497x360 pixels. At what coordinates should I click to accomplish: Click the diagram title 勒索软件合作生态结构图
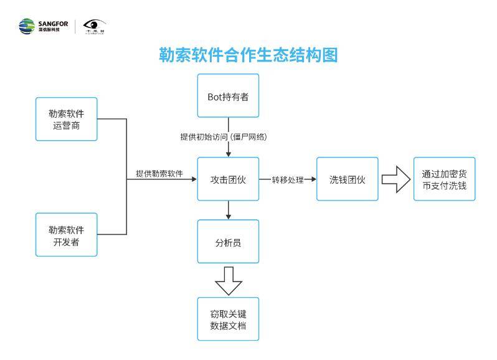point(248,56)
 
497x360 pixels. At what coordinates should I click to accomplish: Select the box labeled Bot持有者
point(228,96)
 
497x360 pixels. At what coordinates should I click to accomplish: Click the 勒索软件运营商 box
point(67,119)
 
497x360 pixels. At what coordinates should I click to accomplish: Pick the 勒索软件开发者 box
point(67,234)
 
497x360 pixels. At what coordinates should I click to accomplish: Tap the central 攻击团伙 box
point(228,179)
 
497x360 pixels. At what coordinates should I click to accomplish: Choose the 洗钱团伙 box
point(347,179)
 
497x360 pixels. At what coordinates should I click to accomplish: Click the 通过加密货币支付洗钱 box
point(444,179)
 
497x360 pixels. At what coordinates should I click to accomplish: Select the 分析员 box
point(228,241)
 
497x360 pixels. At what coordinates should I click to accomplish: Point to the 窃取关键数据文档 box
point(228,320)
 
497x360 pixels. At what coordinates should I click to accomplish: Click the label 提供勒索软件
point(159,174)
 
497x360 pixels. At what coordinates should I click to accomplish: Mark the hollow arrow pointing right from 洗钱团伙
point(394,179)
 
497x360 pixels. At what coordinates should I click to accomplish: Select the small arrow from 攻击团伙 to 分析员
point(228,211)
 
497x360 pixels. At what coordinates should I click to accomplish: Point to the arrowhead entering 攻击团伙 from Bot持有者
point(228,154)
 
